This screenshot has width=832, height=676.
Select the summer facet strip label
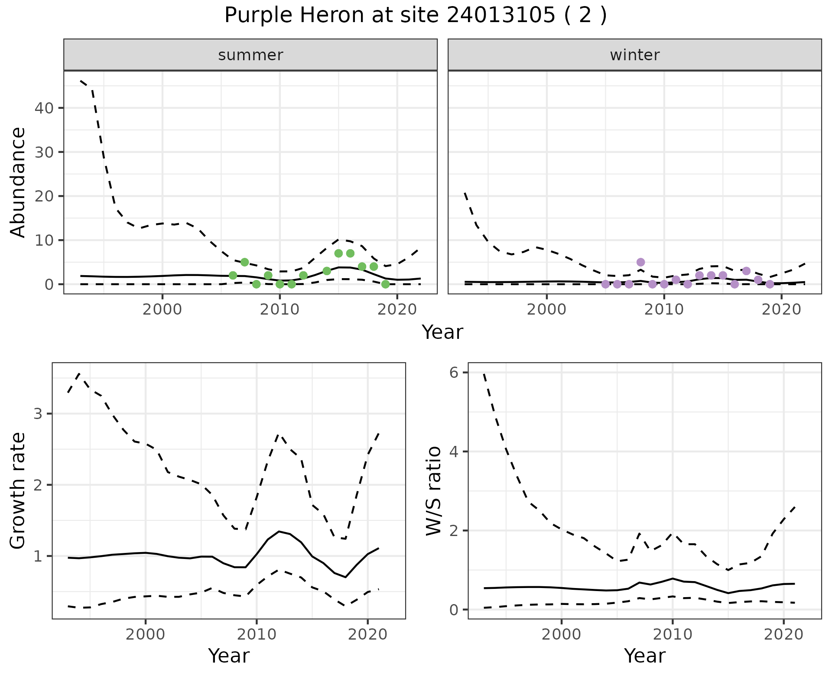point(250,55)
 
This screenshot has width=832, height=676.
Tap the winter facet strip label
point(634,55)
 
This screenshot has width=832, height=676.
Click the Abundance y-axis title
point(18,182)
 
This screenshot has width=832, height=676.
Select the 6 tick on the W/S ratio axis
point(454,373)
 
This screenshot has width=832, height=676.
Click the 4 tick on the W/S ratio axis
point(454,452)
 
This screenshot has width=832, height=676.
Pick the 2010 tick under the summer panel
point(280,310)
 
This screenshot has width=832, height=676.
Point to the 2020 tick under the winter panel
point(781,310)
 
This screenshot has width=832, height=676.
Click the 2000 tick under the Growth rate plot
point(146,635)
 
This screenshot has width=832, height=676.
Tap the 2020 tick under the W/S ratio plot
point(783,635)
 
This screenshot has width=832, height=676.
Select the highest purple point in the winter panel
point(641,262)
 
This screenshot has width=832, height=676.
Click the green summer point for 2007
point(245,262)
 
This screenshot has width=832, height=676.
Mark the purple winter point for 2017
point(746,271)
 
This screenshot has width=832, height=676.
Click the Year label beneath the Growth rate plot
point(229,656)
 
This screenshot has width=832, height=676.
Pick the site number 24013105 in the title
point(500,16)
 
